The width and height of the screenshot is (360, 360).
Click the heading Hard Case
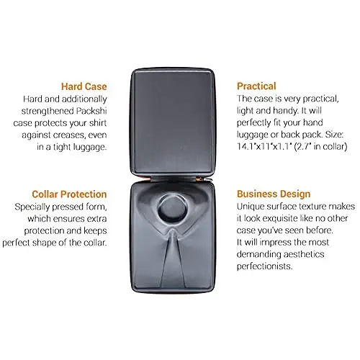pyautogui.click(x=84, y=86)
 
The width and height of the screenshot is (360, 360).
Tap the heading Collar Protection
pyautogui.click(x=69, y=194)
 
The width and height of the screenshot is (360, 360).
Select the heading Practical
pyautogui.click(x=256, y=86)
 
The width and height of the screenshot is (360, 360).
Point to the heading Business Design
pyautogui.click(x=274, y=194)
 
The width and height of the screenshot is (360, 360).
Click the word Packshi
pyautogui.click(x=91, y=111)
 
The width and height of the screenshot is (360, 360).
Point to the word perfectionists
pyautogui.click(x=264, y=266)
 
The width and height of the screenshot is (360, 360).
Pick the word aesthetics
pyautogui.click(x=305, y=254)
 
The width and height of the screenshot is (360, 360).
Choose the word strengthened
pyautogui.click(x=48, y=112)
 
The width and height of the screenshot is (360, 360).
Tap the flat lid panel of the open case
pyautogui.click(x=173, y=122)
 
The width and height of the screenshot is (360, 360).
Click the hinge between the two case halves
pyautogui.click(x=173, y=179)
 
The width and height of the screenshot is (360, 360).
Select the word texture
pyautogui.click(x=310, y=207)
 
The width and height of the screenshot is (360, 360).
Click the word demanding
pyautogui.click(x=259, y=254)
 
